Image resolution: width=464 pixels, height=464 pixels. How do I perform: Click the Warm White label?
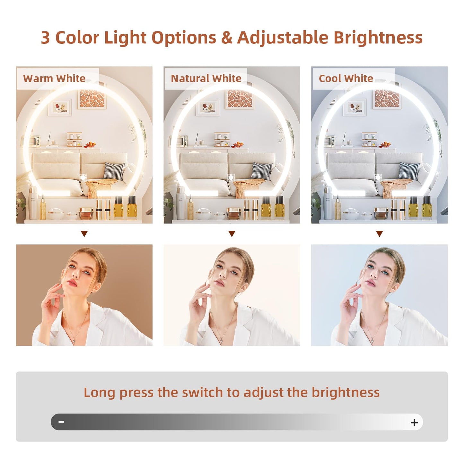[x=54, y=78]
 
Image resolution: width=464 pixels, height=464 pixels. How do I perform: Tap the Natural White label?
[x=206, y=78]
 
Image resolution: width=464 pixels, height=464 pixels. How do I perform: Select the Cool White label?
[x=346, y=78]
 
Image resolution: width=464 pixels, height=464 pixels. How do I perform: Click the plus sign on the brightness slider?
[x=415, y=423]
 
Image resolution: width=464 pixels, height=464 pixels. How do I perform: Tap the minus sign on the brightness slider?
[x=61, y=422]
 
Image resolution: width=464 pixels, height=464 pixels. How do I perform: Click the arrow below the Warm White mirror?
[x=84, y=234]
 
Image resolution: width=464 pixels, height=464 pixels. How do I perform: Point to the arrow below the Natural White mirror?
[x=232, y=234]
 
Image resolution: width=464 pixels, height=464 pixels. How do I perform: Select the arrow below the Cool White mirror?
[x=380, y=234]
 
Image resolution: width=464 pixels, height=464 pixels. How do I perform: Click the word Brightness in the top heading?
[x=378, y=38]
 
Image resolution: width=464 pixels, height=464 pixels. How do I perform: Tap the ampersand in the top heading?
[x=227, y=38]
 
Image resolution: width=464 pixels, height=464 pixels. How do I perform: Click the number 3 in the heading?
[x=45, y=38]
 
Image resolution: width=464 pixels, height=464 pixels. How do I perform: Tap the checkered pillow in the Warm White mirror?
[x=114, y=171]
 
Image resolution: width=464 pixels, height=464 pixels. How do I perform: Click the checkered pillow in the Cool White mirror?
[x=409, y=171]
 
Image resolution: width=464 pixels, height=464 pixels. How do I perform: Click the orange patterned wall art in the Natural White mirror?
[x=239, y=99]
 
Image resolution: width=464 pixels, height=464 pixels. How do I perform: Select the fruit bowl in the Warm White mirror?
[x=90, y=145]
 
